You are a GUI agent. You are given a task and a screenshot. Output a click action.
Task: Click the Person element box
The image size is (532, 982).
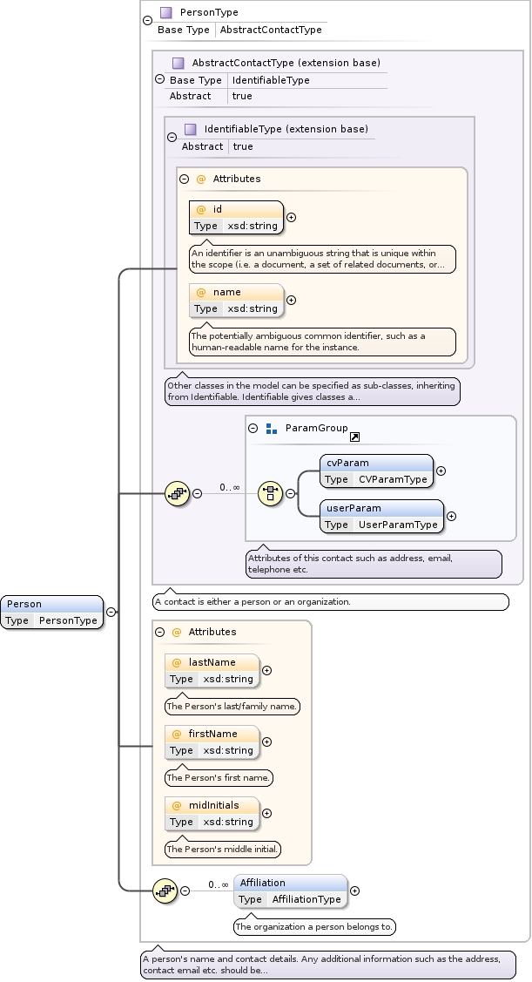(x=52, y=612)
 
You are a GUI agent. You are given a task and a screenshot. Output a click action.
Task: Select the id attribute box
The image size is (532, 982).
(x=236, y=218)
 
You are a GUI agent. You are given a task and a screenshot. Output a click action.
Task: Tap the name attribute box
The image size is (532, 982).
(x=236, y=300)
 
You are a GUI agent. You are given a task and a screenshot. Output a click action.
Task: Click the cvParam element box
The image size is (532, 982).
(x=375, y=471)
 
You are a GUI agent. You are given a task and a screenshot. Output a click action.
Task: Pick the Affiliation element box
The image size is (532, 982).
(x=290, y=891)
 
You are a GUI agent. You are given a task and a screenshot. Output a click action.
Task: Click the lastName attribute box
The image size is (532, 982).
(x=212, y=670)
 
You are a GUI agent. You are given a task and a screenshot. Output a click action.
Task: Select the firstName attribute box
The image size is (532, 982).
(x=212, y=742)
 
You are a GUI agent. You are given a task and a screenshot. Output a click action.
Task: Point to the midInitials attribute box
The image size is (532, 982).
(x=212, y=813)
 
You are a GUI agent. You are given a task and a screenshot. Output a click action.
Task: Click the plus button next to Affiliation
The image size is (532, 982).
(x=354, y=891)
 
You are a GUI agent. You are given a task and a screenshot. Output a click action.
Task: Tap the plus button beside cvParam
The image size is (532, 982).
(x=441, y=471)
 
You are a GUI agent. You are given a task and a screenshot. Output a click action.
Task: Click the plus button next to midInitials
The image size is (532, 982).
(x=266, y=813)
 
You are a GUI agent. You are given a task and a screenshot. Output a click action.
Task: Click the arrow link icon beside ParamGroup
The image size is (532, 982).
(x=354, y=437)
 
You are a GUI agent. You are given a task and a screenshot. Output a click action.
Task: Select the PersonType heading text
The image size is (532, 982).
(x=209, y=13)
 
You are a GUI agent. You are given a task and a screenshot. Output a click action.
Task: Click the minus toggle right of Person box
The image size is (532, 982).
(x=111, y=612)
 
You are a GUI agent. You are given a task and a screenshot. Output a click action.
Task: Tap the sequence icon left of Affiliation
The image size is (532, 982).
(x=165, y=891)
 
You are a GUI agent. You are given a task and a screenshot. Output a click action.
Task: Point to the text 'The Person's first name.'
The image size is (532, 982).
(x=219, y=777)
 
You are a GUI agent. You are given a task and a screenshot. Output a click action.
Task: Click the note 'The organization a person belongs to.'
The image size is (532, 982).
(x=314, y=927)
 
